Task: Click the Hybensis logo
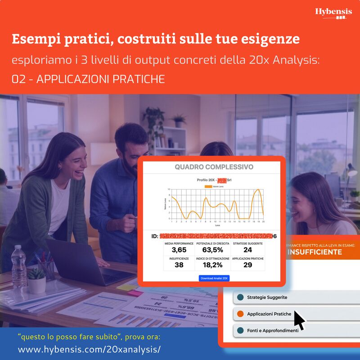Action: click(333, 13)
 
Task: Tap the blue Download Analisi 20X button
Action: click(214, 278)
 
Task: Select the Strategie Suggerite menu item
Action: click(267, 297)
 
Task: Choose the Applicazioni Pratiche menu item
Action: click(269, 314)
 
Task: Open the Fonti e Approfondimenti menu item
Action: click(272, 330)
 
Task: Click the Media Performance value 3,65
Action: click(179, 250)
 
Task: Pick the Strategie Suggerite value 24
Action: click(247, 250)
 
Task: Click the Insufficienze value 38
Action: click(179, 265)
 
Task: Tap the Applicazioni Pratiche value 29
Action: click(247, 265)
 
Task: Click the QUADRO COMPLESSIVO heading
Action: click(214, 167)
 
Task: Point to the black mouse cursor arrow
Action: click(299, 320)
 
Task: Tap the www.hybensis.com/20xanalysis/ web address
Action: click(89, 350)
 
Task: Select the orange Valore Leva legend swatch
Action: click(208, 185)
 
